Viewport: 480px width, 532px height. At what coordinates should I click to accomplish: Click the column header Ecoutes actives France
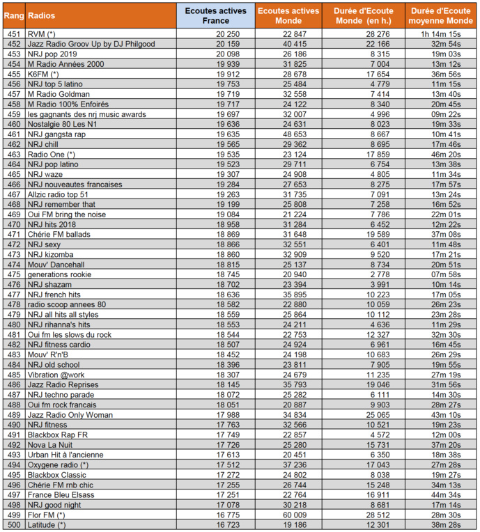pyautogui.click(x=215, y=15)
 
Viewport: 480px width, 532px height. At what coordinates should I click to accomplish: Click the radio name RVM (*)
pyautogui.click(x=42, y=33)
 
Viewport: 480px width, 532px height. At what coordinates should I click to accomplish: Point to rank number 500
pyautogui.click(x=13, y=524)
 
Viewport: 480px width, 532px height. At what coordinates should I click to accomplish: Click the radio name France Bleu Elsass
pyautogui.click(x=61, y=494)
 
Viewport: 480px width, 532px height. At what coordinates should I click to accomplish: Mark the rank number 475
pyautogui.click(x=13, y=274)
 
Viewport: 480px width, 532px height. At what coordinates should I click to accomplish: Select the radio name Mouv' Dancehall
pyautogui.click(x=56, y=264)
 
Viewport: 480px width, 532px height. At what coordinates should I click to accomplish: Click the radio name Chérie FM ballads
pyautogui.click(x=59, y=234)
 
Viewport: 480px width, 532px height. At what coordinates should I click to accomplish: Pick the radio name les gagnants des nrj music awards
pyautogui.click(x=86, y=114)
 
